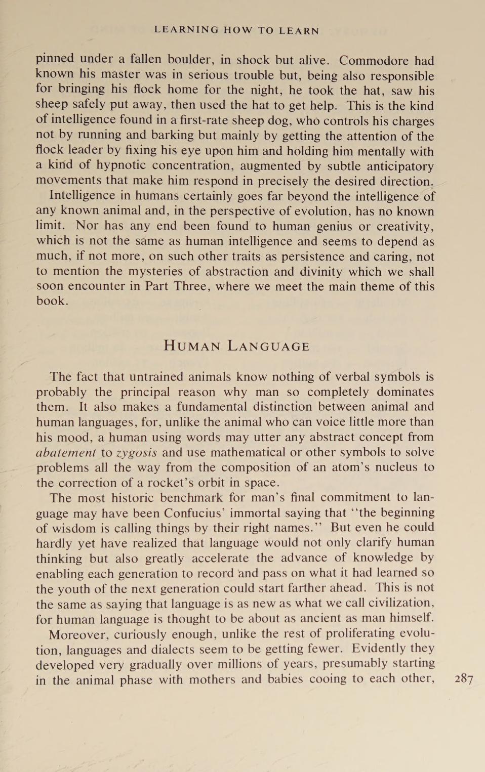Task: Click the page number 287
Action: pos(464,678)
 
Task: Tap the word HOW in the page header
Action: pos(238,30)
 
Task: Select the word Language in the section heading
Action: pos(268,346)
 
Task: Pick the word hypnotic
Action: pos(121,166)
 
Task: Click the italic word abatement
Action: pos(66,452)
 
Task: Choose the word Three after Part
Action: pos(191,286)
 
